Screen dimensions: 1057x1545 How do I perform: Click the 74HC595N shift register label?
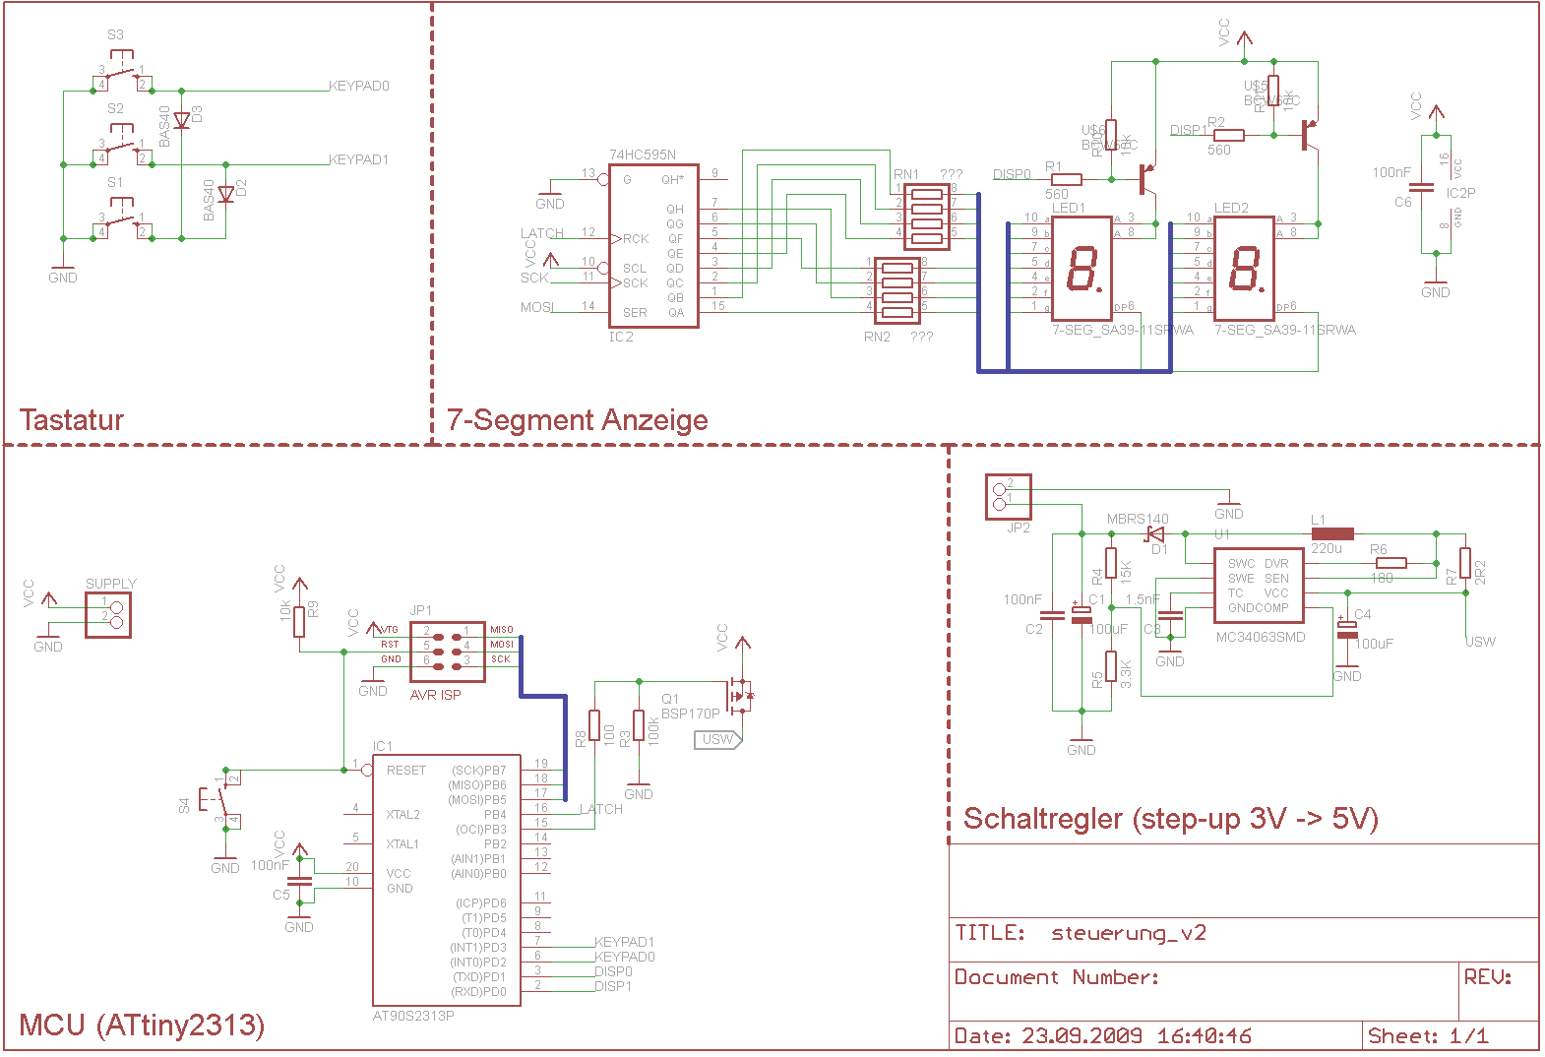coord(642,155)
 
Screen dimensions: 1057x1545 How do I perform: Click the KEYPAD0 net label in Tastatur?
coord(359,87)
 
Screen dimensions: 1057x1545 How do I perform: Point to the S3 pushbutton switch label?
coord(115,34)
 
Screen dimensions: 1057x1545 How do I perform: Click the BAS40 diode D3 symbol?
coord(182,120)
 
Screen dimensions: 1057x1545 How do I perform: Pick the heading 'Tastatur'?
coord(72,420)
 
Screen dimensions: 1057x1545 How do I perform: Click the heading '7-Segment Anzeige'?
coord(578,420)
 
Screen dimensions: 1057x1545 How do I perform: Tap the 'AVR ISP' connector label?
coord(435,695)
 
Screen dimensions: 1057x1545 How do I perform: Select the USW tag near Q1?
coord(718,739)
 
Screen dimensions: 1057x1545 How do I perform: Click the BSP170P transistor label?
coord(691,714)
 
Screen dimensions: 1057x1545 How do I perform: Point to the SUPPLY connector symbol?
coord(108,615)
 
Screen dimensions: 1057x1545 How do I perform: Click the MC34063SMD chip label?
coord(1261,637)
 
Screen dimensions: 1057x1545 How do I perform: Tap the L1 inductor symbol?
coord(1332,533)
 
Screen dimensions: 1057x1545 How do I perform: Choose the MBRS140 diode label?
coord(1138,519)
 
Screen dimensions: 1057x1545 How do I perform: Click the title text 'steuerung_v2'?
coord(1128,933)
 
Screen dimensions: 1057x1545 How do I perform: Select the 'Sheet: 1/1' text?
coord(1428,1035)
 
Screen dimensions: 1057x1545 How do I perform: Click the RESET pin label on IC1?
coord(406,771)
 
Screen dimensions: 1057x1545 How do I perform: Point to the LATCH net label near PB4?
coord(600,809)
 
